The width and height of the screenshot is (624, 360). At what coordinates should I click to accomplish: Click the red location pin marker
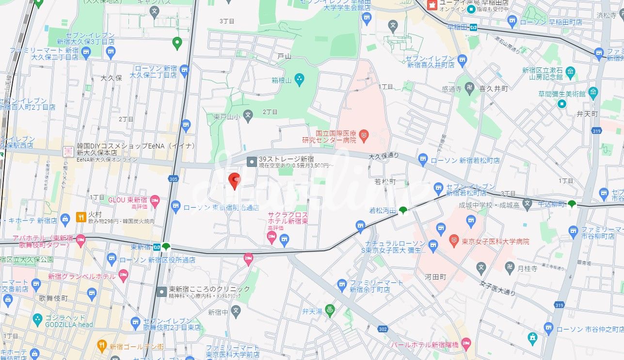pos(235,180)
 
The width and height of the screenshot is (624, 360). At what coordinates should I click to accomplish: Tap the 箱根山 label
pos(281,81)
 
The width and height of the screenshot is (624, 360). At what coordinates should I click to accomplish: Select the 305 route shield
pos(174,180)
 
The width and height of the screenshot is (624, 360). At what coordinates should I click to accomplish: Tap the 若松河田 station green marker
pos(402,210)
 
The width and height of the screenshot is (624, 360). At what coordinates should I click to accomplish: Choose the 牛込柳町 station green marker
pos(572,204)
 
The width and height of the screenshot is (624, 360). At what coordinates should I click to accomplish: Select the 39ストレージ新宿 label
pos(286,159)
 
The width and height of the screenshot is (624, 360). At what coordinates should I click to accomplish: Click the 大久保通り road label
pos(383,156)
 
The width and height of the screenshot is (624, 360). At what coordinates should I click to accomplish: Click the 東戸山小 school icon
pos(248,115)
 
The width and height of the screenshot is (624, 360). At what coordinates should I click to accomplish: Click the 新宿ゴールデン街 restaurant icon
pos(101,346)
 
